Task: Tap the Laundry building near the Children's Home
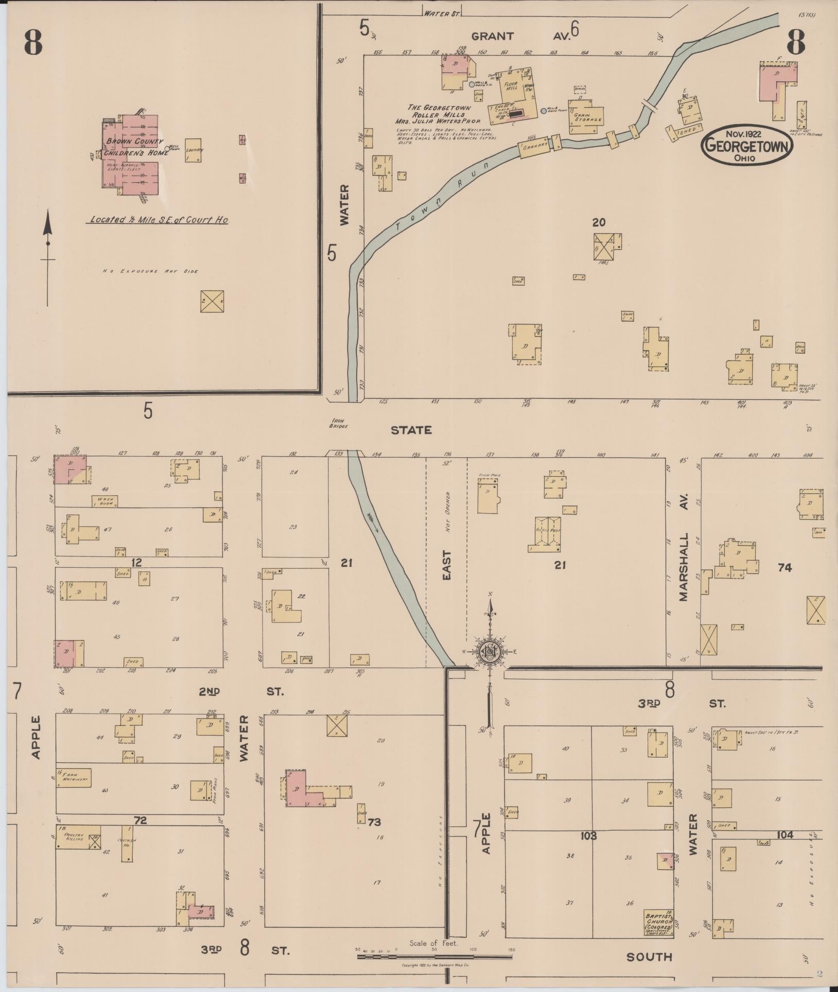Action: tap(193, 150)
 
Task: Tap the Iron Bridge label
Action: tap(339, 423)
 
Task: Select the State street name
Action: tap(410, 430)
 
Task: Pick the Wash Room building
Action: tap(105, 501)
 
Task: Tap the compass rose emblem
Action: tap(490, 651)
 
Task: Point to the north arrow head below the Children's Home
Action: tap(48, 223)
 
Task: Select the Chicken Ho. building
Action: tap(127, 843)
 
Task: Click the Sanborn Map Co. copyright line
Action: tap(435, 965)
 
